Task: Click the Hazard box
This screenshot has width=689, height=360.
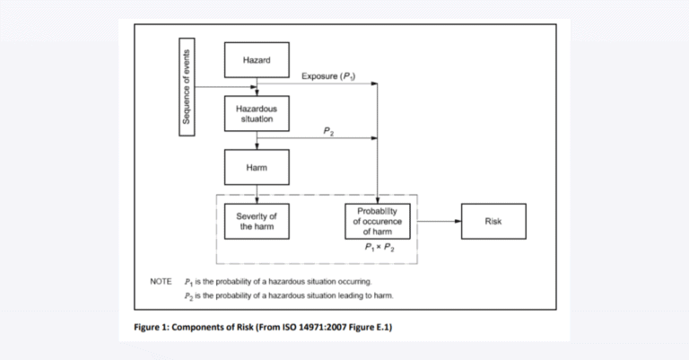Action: [x=257, y=60]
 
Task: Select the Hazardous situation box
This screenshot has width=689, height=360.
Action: [x=257, y=113]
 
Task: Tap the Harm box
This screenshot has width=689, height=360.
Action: [x=257, y=167]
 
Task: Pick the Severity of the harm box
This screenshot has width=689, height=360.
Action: [x=257, y=221]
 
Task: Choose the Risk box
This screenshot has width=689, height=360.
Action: [x=493, y=221]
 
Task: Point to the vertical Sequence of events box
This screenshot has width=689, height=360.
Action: [x=188, y=87]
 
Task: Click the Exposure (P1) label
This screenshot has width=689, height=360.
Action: [x=328, y=77]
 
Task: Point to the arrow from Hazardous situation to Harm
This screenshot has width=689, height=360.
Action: [x=257, y=141]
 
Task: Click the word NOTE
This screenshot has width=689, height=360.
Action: [x=161, y=282]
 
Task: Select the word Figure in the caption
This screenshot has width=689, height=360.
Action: [x=139, y=327]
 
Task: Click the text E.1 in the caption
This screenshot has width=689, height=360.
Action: [x=379, y=327]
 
